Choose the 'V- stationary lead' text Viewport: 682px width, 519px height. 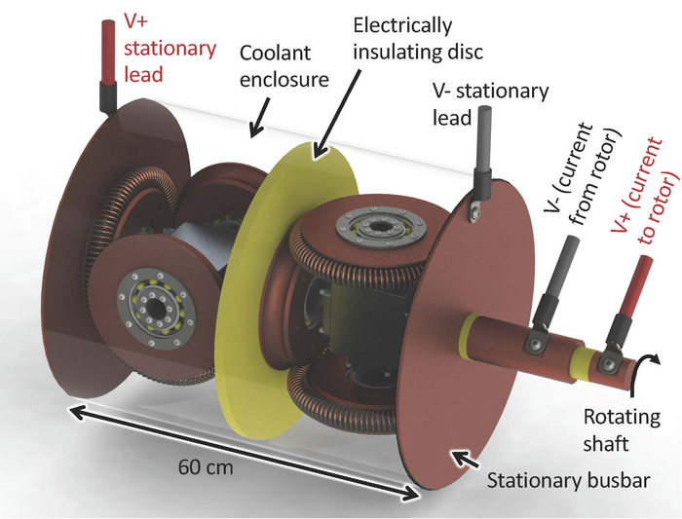(x=491, y=103)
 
